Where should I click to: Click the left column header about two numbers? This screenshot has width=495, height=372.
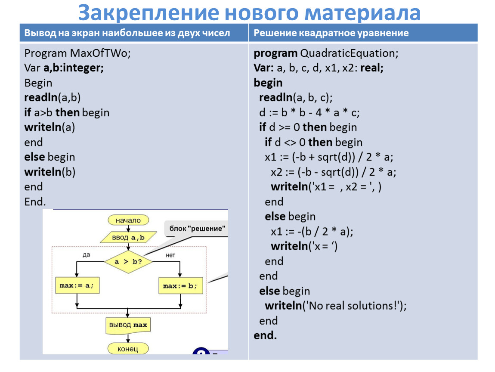click(x=127, y=33)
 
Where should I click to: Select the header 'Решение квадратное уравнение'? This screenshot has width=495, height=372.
click(x=331, y=33)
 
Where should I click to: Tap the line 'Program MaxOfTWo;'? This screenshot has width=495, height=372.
click(x=77, y=53)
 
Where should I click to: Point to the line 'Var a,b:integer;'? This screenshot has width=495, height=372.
click(x=64, y=68)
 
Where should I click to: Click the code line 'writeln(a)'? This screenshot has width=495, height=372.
click(x=50, y=127)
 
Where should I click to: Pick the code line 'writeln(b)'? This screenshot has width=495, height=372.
click(x=50, y=172)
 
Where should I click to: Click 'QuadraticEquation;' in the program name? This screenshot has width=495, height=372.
click(x=349, y=53)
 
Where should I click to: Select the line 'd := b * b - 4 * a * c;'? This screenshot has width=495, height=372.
click(x=309, y=113)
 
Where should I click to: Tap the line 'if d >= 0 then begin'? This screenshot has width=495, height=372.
click(x=308, y=127)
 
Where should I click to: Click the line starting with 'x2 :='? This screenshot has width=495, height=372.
click(x=333, y=172)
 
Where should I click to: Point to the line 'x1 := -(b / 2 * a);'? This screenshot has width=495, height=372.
click(x=312, y=232)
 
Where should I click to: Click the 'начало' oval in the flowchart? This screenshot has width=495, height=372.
click(x=128, y=220)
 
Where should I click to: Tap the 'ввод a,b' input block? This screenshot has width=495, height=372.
click(x=128, y=237)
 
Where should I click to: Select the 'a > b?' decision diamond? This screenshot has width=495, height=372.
click(x=128, y=261)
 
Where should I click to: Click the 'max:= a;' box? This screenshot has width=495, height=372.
click(x=77, y=285)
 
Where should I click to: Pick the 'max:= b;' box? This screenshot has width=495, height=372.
click(x=180, y=286)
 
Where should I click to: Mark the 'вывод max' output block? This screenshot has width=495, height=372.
click(x=128, y=325)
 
